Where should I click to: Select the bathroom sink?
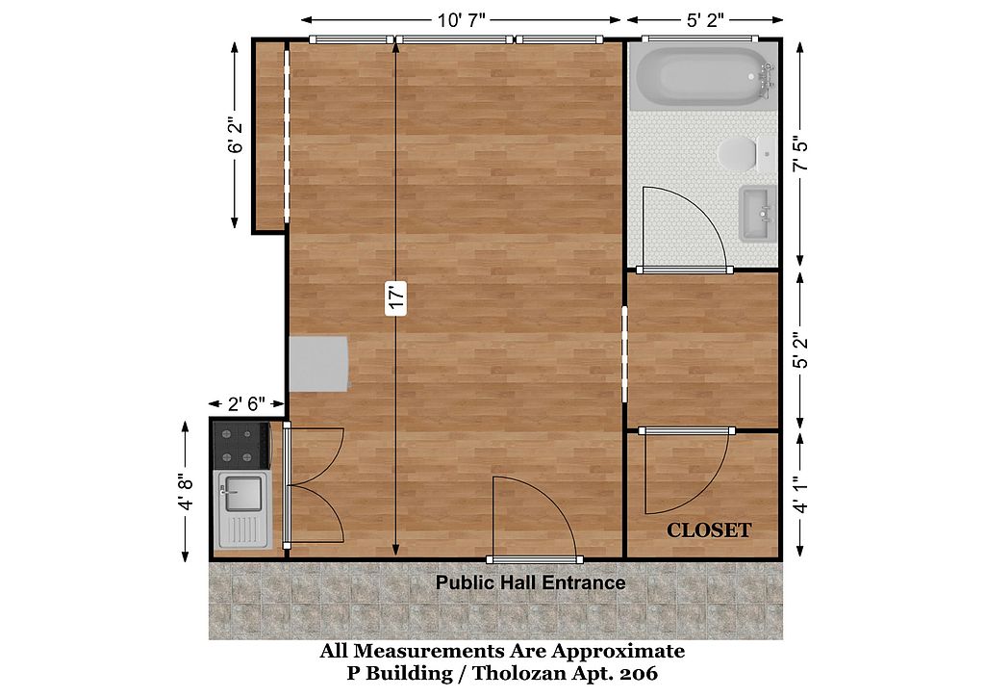pos(758,214)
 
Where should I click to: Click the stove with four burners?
pos(241,445)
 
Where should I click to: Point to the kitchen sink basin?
pos(243,493)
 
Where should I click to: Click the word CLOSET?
pos(709,530)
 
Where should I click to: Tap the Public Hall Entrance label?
pos(530,582)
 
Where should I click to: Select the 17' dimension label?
pos(396,297)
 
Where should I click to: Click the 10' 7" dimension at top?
pos(462,20)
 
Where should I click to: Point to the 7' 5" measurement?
pos(799,154)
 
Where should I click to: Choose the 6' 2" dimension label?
pos(236,135)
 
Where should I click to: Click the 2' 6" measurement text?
pos(246,403)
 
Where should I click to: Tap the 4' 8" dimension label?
pos(186,492)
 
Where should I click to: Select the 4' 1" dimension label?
pos(799,496)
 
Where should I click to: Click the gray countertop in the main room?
pos(318,364)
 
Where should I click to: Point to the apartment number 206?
pos(639,674)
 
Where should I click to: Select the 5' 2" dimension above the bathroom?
pos(705,20)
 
